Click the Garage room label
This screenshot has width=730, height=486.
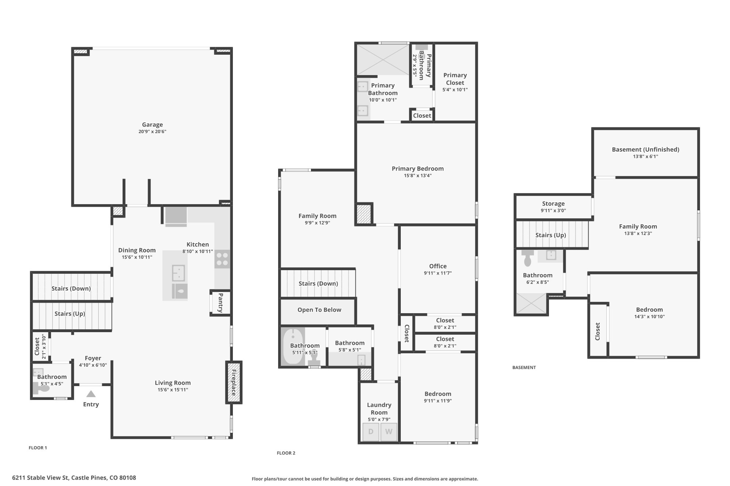tap(152, 125)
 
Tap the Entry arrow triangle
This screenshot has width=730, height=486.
tap(91, 394)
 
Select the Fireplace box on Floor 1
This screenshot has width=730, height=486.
tap(234, 382)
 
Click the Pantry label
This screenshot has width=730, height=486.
tap(220, 303)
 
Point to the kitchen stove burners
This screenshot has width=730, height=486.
tap(222, 259)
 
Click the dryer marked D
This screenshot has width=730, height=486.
tap(371, 432)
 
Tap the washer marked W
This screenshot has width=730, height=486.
tap(389, 432)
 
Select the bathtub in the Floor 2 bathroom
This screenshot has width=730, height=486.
tap(293, 346)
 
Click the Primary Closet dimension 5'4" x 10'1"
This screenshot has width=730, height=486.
tap(455, 90)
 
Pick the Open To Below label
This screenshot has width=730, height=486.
tap(319, 310)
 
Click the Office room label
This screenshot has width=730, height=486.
tap(438, 266)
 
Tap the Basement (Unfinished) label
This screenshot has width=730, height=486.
tap(645, 149)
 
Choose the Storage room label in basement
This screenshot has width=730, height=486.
tap(553, 204)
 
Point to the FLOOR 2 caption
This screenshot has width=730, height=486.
tap(286, 453)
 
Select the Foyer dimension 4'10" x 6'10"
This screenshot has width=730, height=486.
tap(93, 365)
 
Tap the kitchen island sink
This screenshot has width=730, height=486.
tap(178, 273)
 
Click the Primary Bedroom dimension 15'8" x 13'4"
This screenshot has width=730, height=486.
tap(418, 176)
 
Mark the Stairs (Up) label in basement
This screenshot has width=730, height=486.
tap(550, 235)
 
